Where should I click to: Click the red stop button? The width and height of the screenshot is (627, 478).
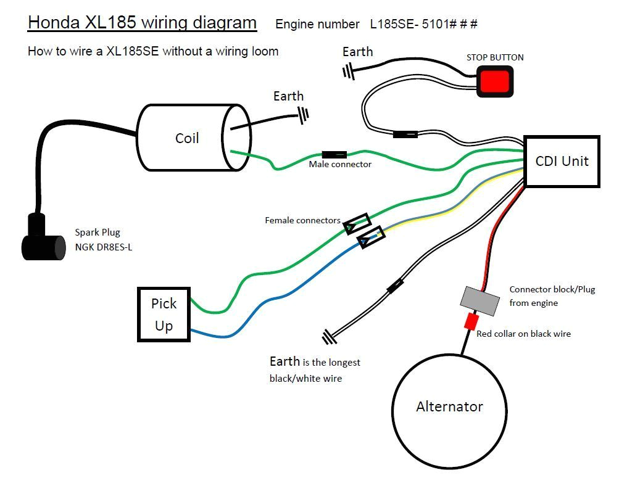pos(496,81)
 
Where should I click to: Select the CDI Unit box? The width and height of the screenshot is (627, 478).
pos(562,162)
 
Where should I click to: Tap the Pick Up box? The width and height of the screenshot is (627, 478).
pos(164,315)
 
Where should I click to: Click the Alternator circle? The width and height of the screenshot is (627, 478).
pos(449,406)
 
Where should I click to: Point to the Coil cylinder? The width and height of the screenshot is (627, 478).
pos(187,138)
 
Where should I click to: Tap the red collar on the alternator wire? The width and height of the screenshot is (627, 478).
pos(471,321)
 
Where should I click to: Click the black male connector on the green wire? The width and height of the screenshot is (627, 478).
pos(334,154)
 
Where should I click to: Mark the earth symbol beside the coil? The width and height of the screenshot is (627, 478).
pos(303,113)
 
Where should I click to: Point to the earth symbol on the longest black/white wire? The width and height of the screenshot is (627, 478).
pos(329,337)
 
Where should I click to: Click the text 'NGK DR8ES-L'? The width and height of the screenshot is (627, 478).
pos(104,248)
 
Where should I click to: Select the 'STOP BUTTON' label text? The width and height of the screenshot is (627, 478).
pos(495,57)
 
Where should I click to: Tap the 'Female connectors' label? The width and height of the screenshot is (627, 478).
pos(302,220)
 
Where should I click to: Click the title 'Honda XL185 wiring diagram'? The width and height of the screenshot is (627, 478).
pos(142,23)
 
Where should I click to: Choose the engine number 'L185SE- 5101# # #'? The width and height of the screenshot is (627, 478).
pos(423,24)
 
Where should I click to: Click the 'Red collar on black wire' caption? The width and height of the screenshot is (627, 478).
pos(523,334)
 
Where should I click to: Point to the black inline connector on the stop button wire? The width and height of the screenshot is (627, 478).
pos(405,134)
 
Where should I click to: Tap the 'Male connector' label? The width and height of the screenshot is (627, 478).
pos(340,165)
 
